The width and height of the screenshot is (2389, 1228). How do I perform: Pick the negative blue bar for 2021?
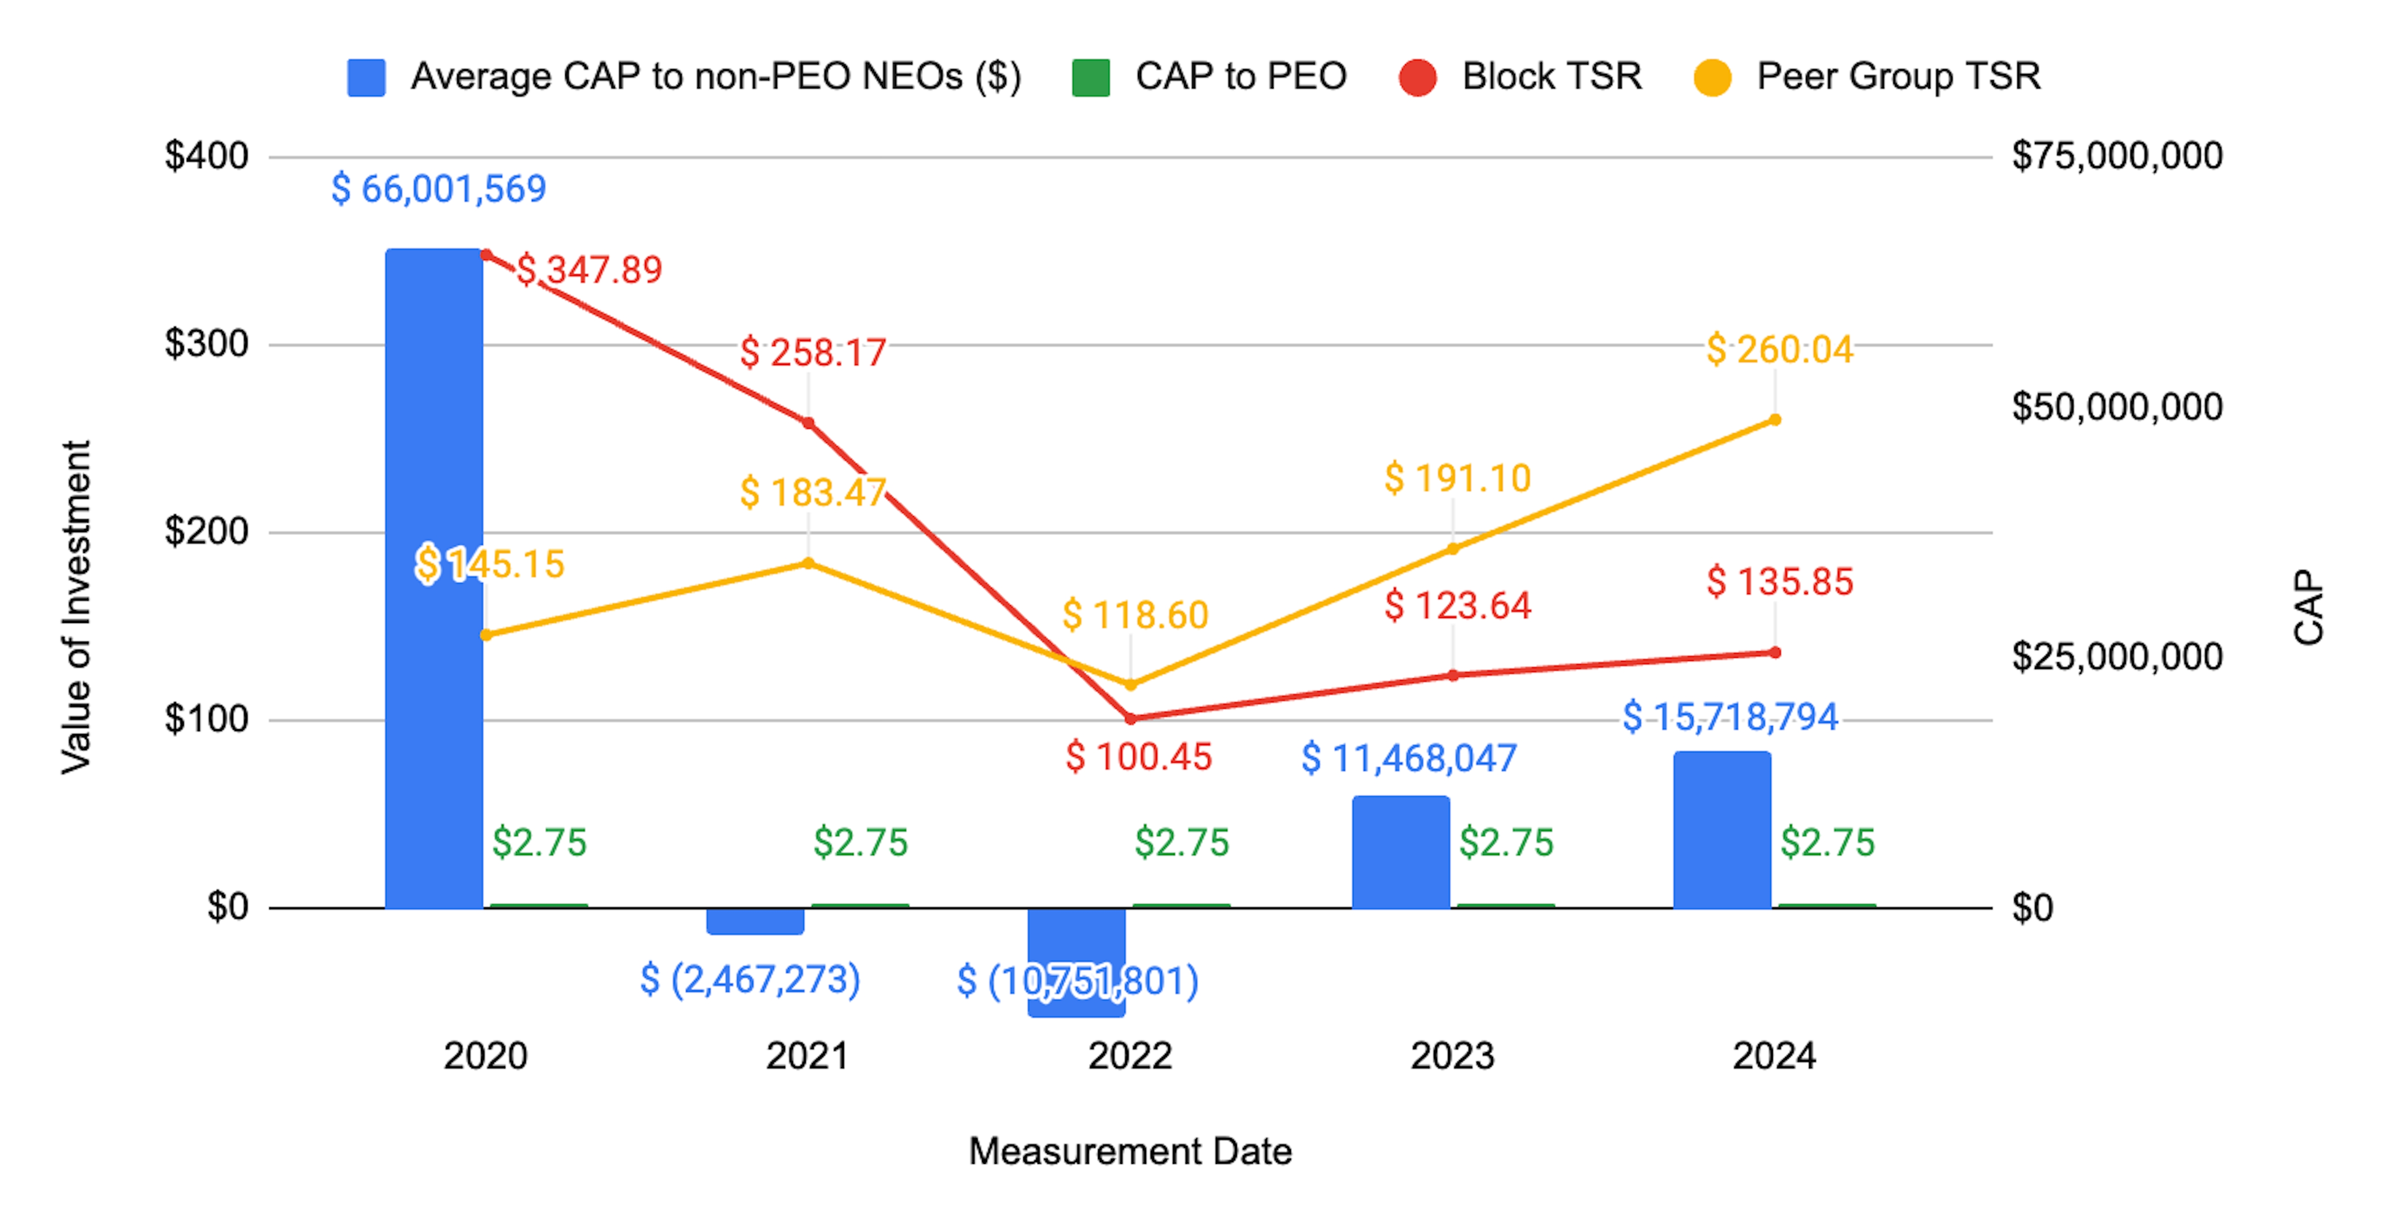(x=755, y=921)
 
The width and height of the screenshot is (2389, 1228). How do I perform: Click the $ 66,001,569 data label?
(x=439, y=189)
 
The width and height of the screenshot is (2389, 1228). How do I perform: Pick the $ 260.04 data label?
(x=1780, y=349)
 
